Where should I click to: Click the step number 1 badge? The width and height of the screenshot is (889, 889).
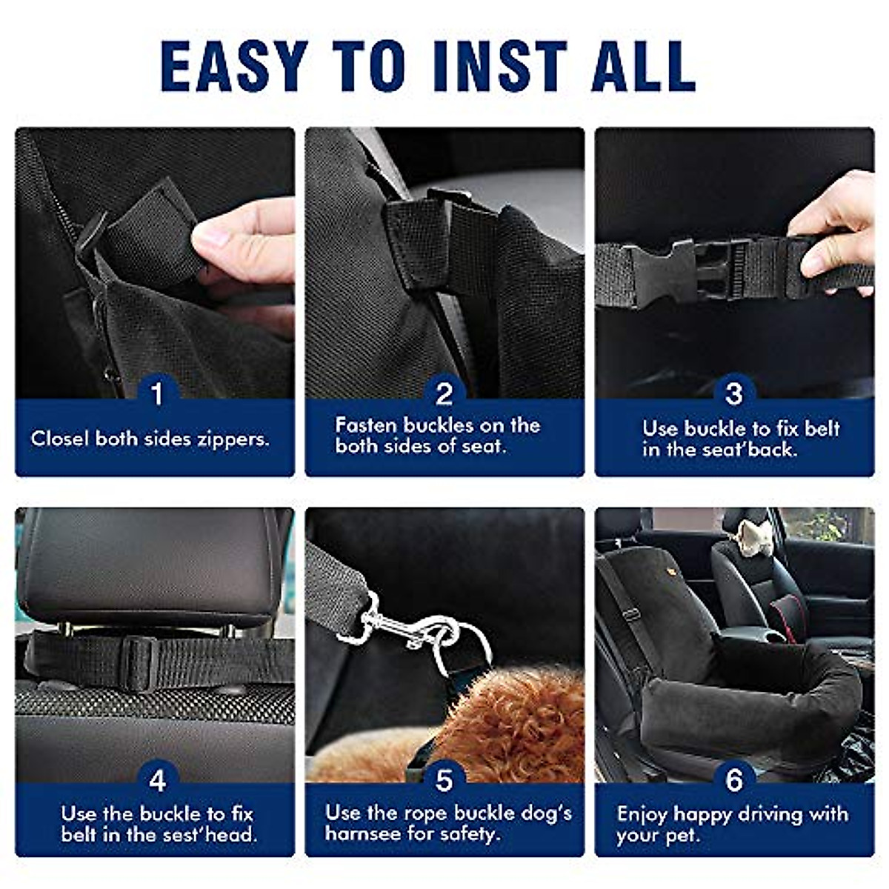coord(157,393)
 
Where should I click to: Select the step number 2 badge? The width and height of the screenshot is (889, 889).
coord(444,393)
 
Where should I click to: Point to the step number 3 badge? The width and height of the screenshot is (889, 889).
coord(734,393)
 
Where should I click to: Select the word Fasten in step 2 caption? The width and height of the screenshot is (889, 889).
coord(366,425)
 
